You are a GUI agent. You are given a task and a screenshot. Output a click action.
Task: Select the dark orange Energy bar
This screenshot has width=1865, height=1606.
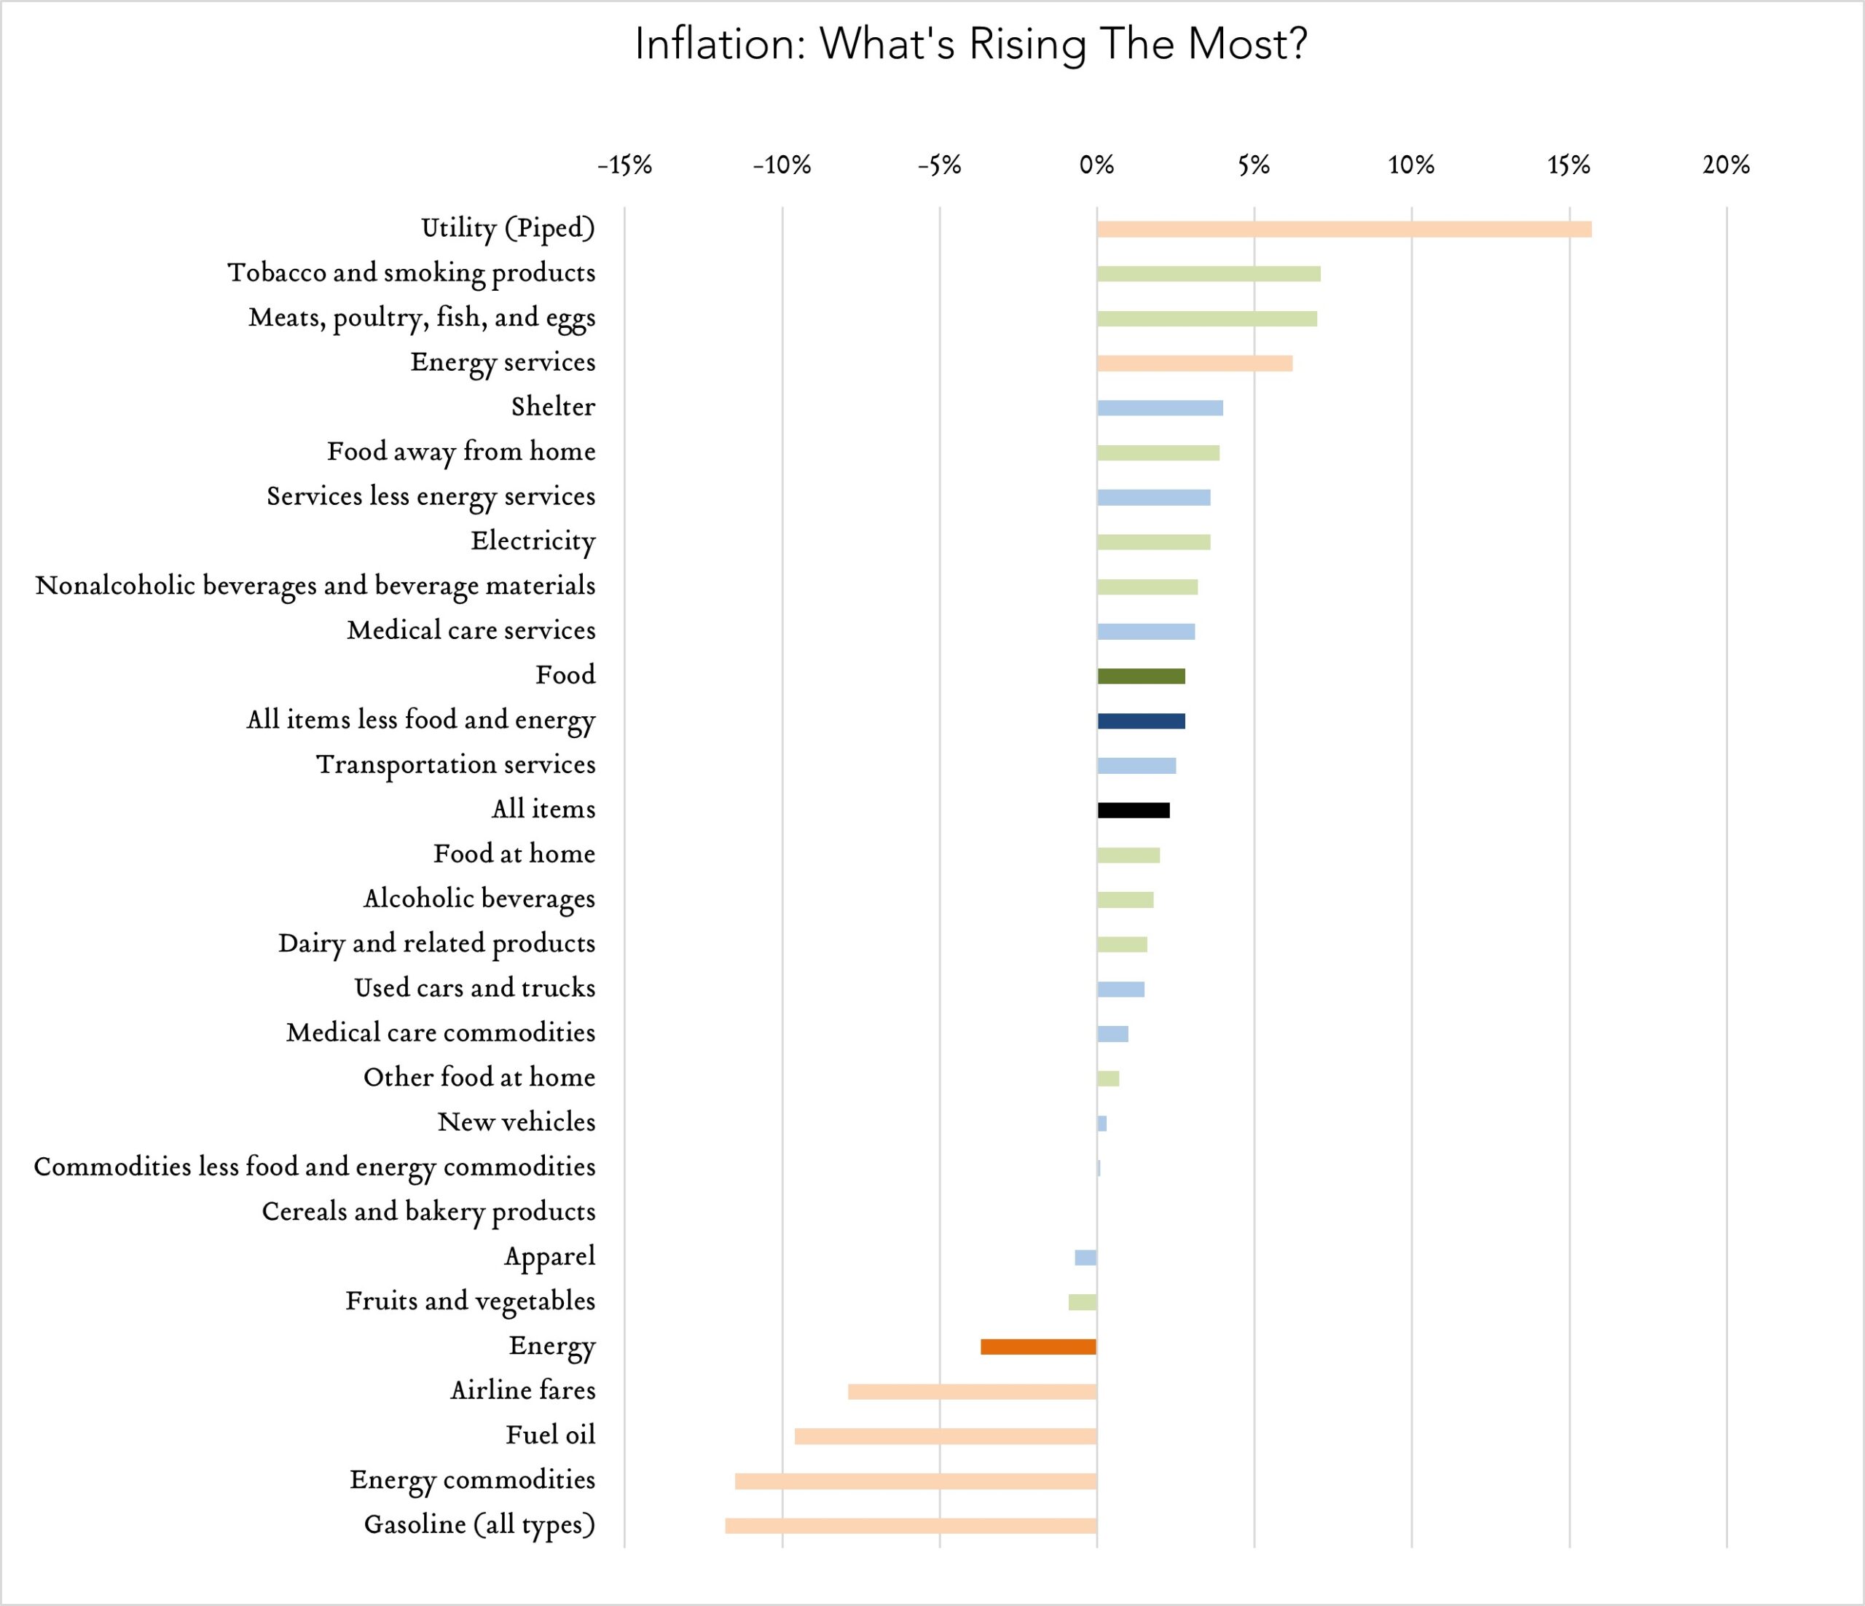tap(1038, 1347)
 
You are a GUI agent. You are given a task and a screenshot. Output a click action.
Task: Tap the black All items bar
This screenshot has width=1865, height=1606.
tap(1134, 810)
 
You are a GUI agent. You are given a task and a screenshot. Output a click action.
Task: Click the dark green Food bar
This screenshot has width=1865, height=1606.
tap(1140, 676)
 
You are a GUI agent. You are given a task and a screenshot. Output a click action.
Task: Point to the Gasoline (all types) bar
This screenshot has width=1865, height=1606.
tap(911, 1526)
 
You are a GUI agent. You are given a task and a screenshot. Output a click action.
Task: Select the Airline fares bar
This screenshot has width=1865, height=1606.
tap(972, 1392)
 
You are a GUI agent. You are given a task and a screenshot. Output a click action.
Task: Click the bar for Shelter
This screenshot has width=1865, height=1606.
tap(1159, 408)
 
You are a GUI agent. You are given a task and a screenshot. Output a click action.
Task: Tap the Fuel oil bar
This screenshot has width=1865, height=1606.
tap(945, 1436)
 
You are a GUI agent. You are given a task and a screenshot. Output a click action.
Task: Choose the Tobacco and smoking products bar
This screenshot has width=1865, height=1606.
tap(1208, 274)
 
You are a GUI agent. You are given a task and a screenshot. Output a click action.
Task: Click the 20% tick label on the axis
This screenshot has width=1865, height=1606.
tap(1725, 165)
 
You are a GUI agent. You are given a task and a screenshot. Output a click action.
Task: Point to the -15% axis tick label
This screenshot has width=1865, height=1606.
tap(624, 165)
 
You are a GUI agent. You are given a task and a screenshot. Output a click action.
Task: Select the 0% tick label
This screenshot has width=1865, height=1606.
tap(1096, 165)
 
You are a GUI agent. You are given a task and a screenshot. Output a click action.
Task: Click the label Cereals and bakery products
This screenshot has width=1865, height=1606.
tap(428, 1212)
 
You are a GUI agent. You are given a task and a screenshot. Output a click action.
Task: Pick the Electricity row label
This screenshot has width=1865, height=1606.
tap(533, 541)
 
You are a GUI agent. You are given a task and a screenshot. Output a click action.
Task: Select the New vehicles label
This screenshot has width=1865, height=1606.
tap(516, 1121)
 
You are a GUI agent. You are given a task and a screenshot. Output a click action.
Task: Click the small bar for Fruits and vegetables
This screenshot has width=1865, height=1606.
tap(1082, 1301)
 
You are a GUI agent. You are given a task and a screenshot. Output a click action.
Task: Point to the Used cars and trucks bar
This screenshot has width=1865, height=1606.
tap(1120, 990)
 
